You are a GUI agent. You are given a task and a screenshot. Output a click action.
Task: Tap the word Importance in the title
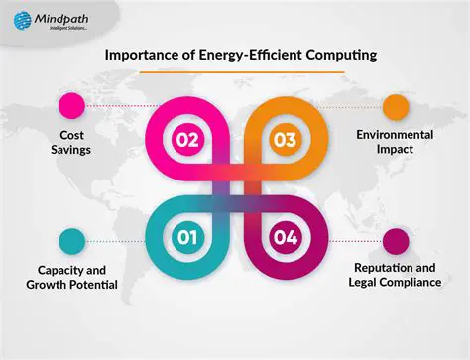pyautogui.click(x=144, y=57)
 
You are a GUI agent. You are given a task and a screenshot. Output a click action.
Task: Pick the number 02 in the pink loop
pyautogui.click(x=189, y=140)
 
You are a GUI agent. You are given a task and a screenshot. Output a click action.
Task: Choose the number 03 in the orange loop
pyautogui.click(x=285, y=140)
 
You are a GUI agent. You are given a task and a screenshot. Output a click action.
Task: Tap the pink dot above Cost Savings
pyautogui.click(x=71, y=105)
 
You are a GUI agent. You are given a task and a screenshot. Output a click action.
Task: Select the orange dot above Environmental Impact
pyautogui.click(x=396, y=105)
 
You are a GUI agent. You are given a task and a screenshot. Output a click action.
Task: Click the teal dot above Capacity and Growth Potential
pyautogui.click(x=71, y=240)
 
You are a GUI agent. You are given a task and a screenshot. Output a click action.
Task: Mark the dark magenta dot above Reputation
pyautogui.click(x=396, y=240)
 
